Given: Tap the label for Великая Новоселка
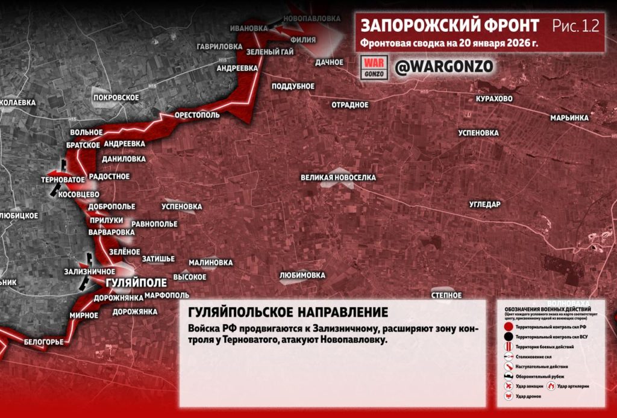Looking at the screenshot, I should [339, 178].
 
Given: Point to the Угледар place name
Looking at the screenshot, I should [484, 204].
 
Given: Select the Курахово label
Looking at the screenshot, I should [494, 98].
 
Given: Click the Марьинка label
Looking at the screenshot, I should [569, 118].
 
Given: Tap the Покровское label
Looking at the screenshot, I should [116, 97].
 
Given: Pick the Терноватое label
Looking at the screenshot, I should [62, 179].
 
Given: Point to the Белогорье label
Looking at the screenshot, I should [44, 342].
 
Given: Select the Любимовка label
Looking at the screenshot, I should [302, 275].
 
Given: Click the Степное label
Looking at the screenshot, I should [446, 295].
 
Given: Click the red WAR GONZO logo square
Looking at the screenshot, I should [374, 67].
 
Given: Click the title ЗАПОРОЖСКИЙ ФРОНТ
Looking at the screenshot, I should [449, 26].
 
